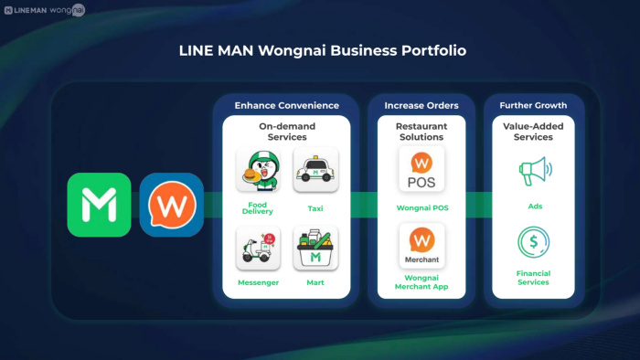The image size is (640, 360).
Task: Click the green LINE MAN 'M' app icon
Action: [99, 205]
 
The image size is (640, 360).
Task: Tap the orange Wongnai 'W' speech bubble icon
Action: [172, 205]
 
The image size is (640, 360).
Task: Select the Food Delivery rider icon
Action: [259, 170]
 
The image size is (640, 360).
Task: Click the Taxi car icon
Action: [315, 170]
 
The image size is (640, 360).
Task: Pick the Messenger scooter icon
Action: [259, 248]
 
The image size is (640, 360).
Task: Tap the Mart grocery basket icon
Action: [315, 248]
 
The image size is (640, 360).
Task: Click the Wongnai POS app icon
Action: [421, 169]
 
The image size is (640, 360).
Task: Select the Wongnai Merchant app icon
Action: [421, 246]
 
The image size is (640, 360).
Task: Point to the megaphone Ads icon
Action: [535, 171]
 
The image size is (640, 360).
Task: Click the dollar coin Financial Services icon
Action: [533, 242]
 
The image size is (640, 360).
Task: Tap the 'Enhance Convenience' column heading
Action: [286, 106]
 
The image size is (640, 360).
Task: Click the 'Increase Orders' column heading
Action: [421, 106]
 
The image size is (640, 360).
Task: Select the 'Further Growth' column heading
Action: [533, 106]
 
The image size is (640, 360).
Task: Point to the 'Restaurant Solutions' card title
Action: [421, 132]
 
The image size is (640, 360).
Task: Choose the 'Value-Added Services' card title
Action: [533, 132]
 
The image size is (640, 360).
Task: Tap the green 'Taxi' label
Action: [315, 208]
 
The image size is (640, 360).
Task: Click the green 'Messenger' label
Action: [258, 282]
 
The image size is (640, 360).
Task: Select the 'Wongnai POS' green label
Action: [422, 208]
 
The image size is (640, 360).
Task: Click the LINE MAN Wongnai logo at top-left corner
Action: [45, 10]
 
